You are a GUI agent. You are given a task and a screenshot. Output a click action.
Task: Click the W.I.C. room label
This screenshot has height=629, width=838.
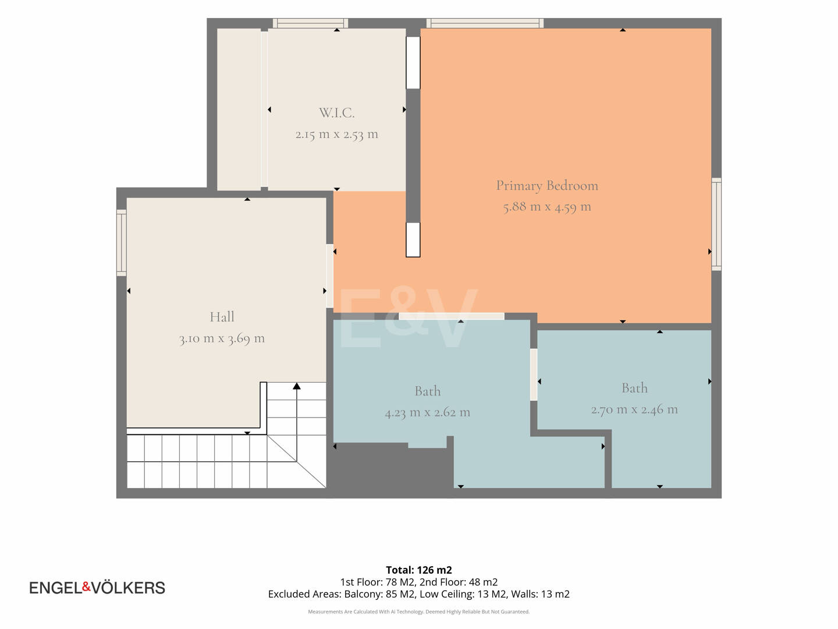coord(337,112)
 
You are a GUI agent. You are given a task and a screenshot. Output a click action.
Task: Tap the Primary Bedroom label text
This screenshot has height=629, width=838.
coord(547,186)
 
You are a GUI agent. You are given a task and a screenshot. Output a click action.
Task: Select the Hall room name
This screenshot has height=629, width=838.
coord(222,317)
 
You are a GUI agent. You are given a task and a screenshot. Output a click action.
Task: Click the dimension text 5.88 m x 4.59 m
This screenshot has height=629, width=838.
coord(547,207)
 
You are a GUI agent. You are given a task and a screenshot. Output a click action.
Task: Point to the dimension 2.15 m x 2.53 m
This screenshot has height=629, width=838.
coord(337,135)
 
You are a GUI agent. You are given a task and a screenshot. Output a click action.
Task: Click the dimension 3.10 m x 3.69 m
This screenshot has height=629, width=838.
coord(222,338)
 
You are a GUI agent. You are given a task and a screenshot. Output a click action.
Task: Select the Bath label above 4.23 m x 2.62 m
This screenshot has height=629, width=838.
coord(428,391)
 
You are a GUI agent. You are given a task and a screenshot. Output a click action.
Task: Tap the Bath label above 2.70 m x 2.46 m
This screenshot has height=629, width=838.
coord(634,388)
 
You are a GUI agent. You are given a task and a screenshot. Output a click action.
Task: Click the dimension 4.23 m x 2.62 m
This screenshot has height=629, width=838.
coord(428,412)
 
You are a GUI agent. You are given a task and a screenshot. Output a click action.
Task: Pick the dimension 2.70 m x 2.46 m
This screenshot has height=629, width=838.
coord(634,409)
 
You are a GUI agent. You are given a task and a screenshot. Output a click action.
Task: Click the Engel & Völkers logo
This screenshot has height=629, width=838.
coord(97,588)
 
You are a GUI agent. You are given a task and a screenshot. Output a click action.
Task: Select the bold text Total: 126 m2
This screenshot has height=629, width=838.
coord(419,570)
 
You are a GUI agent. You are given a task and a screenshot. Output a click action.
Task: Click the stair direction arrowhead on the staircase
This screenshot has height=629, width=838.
coord(297,386)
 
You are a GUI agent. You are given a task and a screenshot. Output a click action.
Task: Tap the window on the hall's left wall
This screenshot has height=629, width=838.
coord(122,242)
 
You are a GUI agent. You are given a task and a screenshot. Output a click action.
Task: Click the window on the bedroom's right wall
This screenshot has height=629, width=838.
coord(716,224)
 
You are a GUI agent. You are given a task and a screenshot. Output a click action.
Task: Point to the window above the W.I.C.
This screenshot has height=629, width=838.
coord(310,23)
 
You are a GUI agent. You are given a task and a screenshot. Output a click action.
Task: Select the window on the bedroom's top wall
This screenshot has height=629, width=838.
coord(485,23)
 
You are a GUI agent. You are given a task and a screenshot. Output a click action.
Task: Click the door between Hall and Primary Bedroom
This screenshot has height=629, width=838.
coord(330,275)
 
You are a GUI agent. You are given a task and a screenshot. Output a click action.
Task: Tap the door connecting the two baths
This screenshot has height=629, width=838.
coord(534,374)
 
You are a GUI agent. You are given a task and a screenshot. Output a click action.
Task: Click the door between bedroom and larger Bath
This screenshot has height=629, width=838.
coord(452,316)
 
